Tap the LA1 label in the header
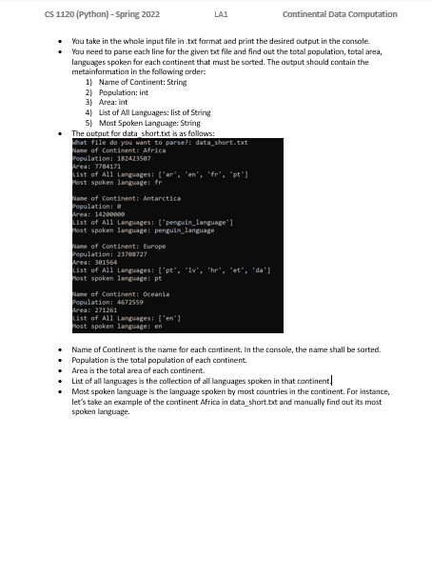click(x=222, y=14)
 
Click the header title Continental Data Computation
click(x=340, y=14)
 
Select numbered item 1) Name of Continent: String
click(x=136, y=83)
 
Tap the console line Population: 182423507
click(x=112, y=158)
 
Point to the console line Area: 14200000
click(x=99, y=214)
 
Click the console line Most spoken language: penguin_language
click(x=144, y=230)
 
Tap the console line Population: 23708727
click(x=109, y=254)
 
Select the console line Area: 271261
click(x=94, y=310)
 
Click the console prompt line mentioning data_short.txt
click(x=160, y=142)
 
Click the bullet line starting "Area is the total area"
click(x=138, y=370)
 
